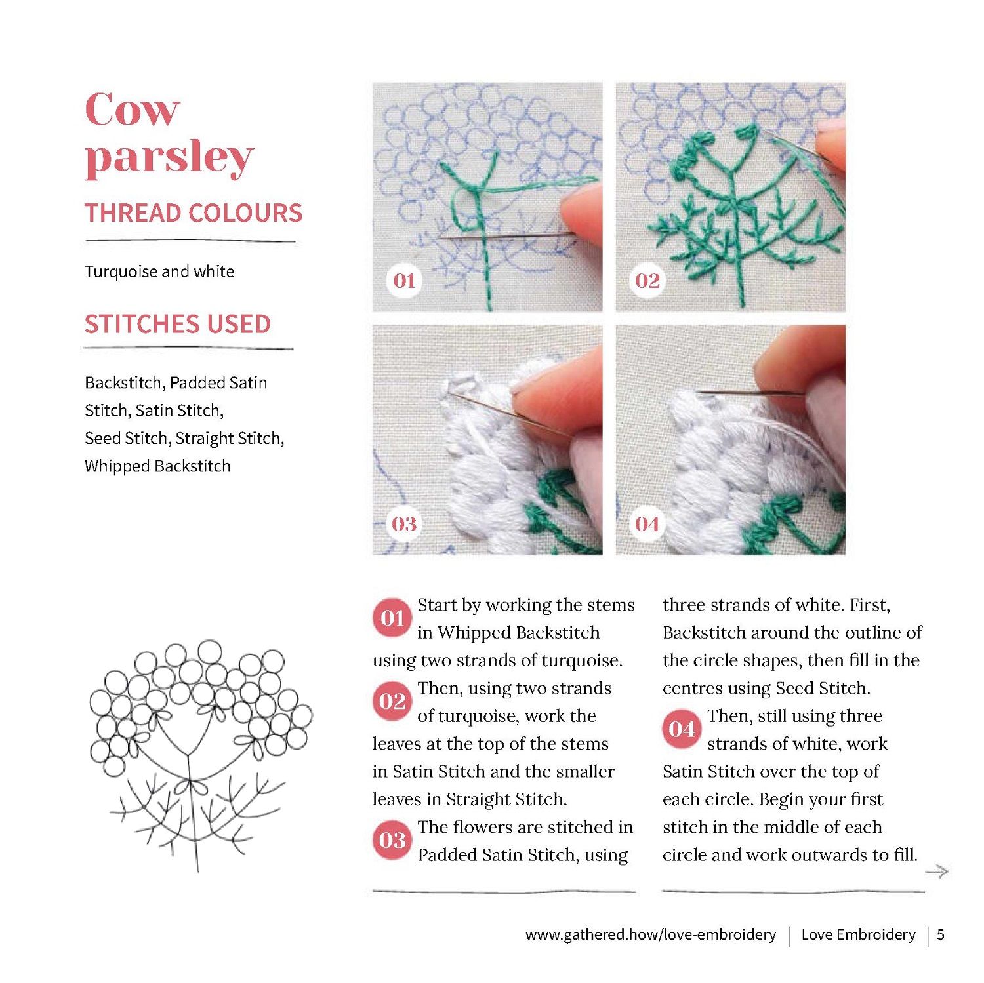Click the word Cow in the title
(132, 110)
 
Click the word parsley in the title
(169, 159)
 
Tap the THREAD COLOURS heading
(194, 213)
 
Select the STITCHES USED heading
(178, 324)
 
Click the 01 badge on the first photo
(404, 281)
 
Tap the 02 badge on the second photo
(647, 281)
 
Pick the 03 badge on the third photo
(404, 524)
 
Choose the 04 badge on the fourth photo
(647, 524)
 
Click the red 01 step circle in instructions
(392, 618)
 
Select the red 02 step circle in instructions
(392, 701)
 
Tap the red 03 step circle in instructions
(392, 840)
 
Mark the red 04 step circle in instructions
(682, 729)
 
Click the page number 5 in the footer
(941, 934)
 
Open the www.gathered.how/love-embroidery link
(651, 934)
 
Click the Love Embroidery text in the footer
(858, 934)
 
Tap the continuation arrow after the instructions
(937, 872)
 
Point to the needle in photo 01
(505, 235)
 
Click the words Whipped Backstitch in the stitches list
(157, 466)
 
